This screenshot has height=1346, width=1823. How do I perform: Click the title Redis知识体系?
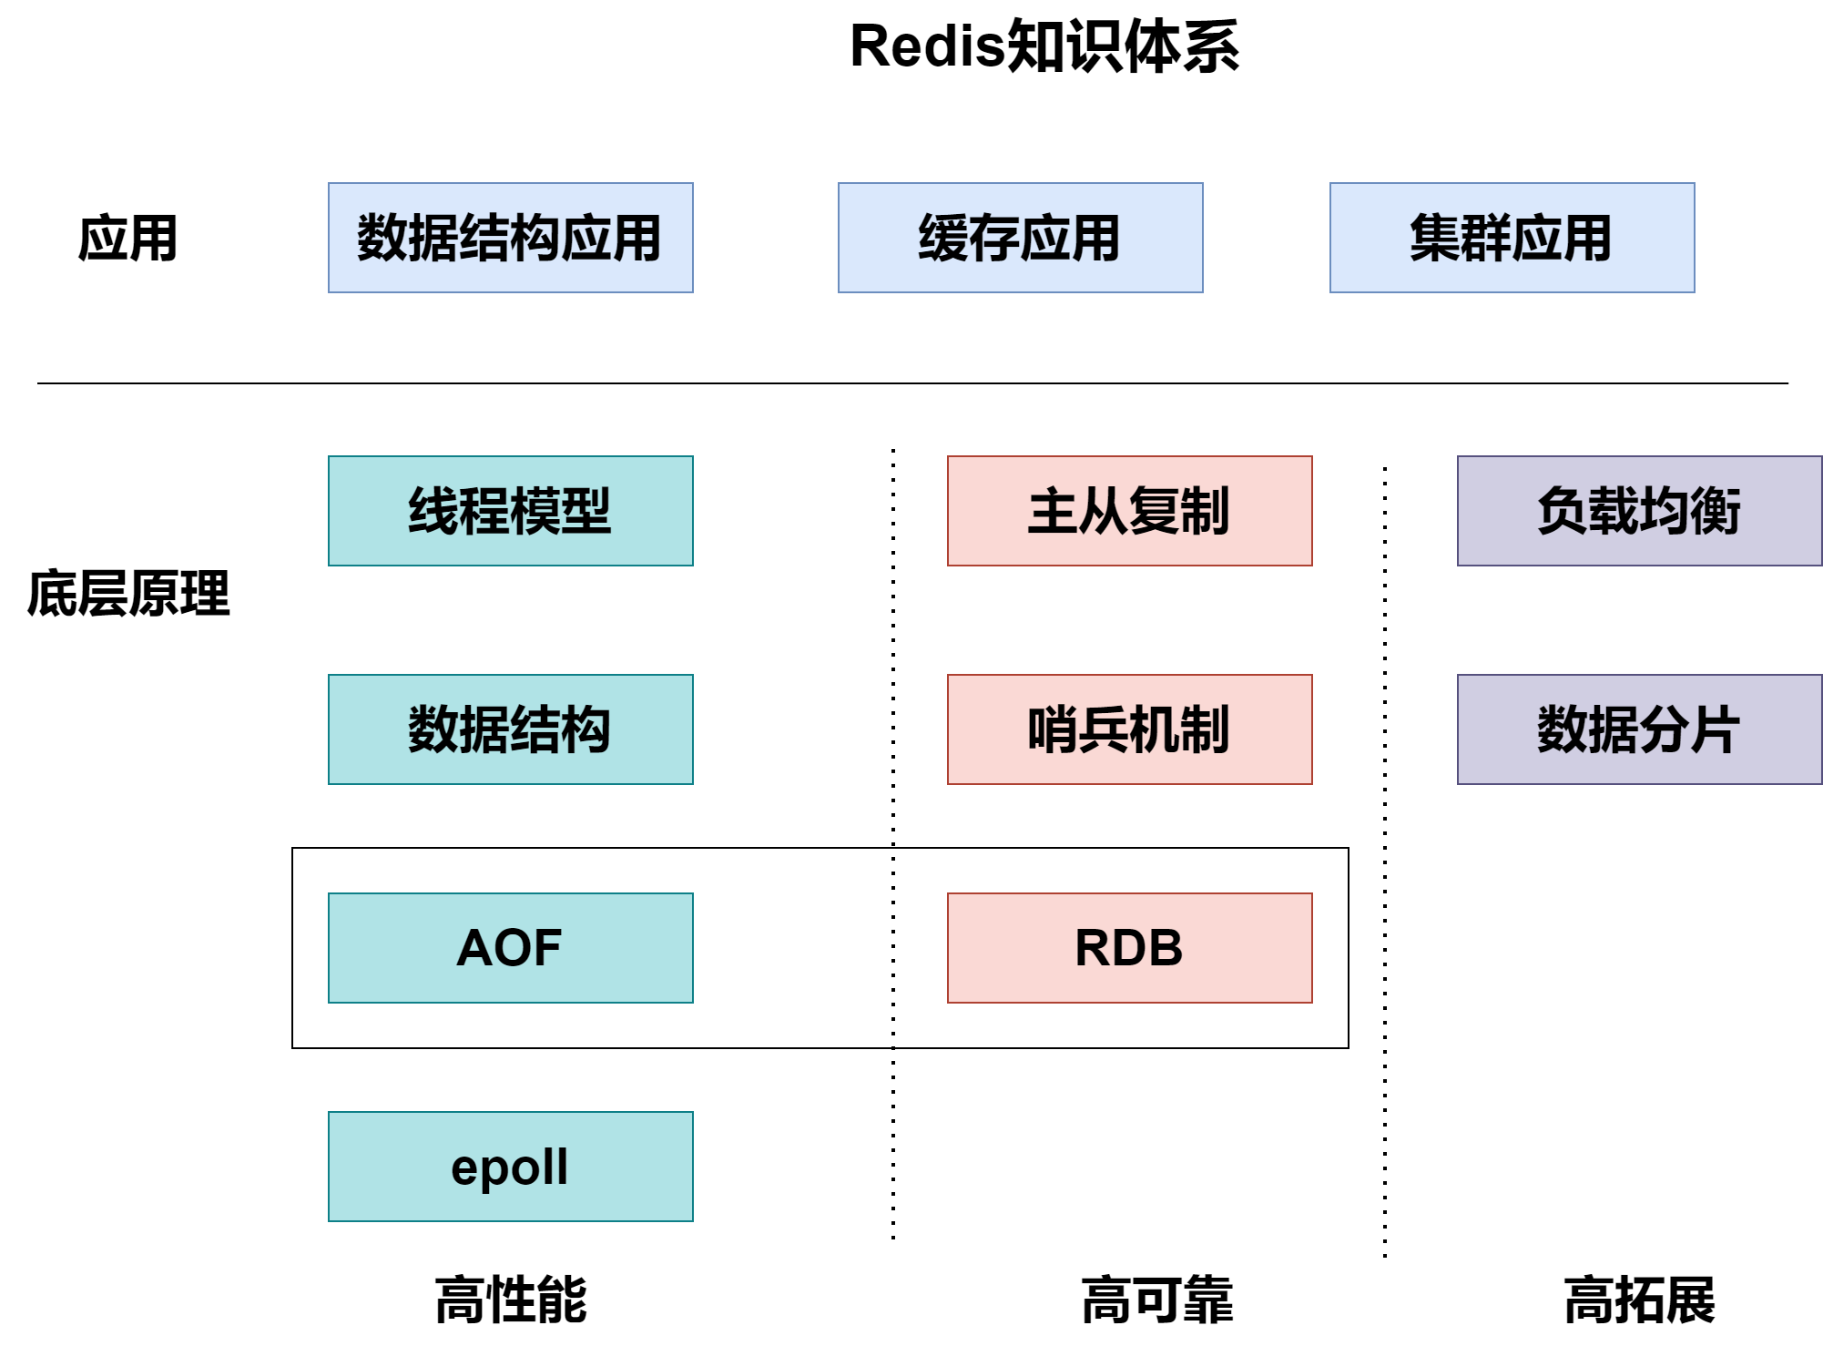1044,47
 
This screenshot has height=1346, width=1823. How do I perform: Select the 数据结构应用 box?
510,238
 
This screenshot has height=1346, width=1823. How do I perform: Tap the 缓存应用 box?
1020,238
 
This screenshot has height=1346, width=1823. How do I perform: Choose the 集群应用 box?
1512,238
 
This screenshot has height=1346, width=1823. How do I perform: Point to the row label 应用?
127,239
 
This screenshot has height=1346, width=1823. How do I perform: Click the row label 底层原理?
128,594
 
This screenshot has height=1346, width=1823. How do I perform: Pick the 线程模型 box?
510,511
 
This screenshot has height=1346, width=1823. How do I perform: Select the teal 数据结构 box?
510,729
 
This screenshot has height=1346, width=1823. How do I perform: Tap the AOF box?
510,948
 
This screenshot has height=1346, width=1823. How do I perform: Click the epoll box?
510,1167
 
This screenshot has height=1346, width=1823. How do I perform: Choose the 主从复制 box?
1129,511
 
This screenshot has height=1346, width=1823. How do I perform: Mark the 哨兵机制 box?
1129,729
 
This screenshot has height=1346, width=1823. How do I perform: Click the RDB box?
1129,948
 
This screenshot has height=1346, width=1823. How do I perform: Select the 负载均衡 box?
1639,511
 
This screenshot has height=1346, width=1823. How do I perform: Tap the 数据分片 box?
1639,729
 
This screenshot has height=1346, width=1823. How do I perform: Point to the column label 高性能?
511,1300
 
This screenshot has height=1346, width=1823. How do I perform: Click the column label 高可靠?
1156,1300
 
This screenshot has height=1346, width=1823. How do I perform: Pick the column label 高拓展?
1639,1300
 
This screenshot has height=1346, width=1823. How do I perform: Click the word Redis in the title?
926,47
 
